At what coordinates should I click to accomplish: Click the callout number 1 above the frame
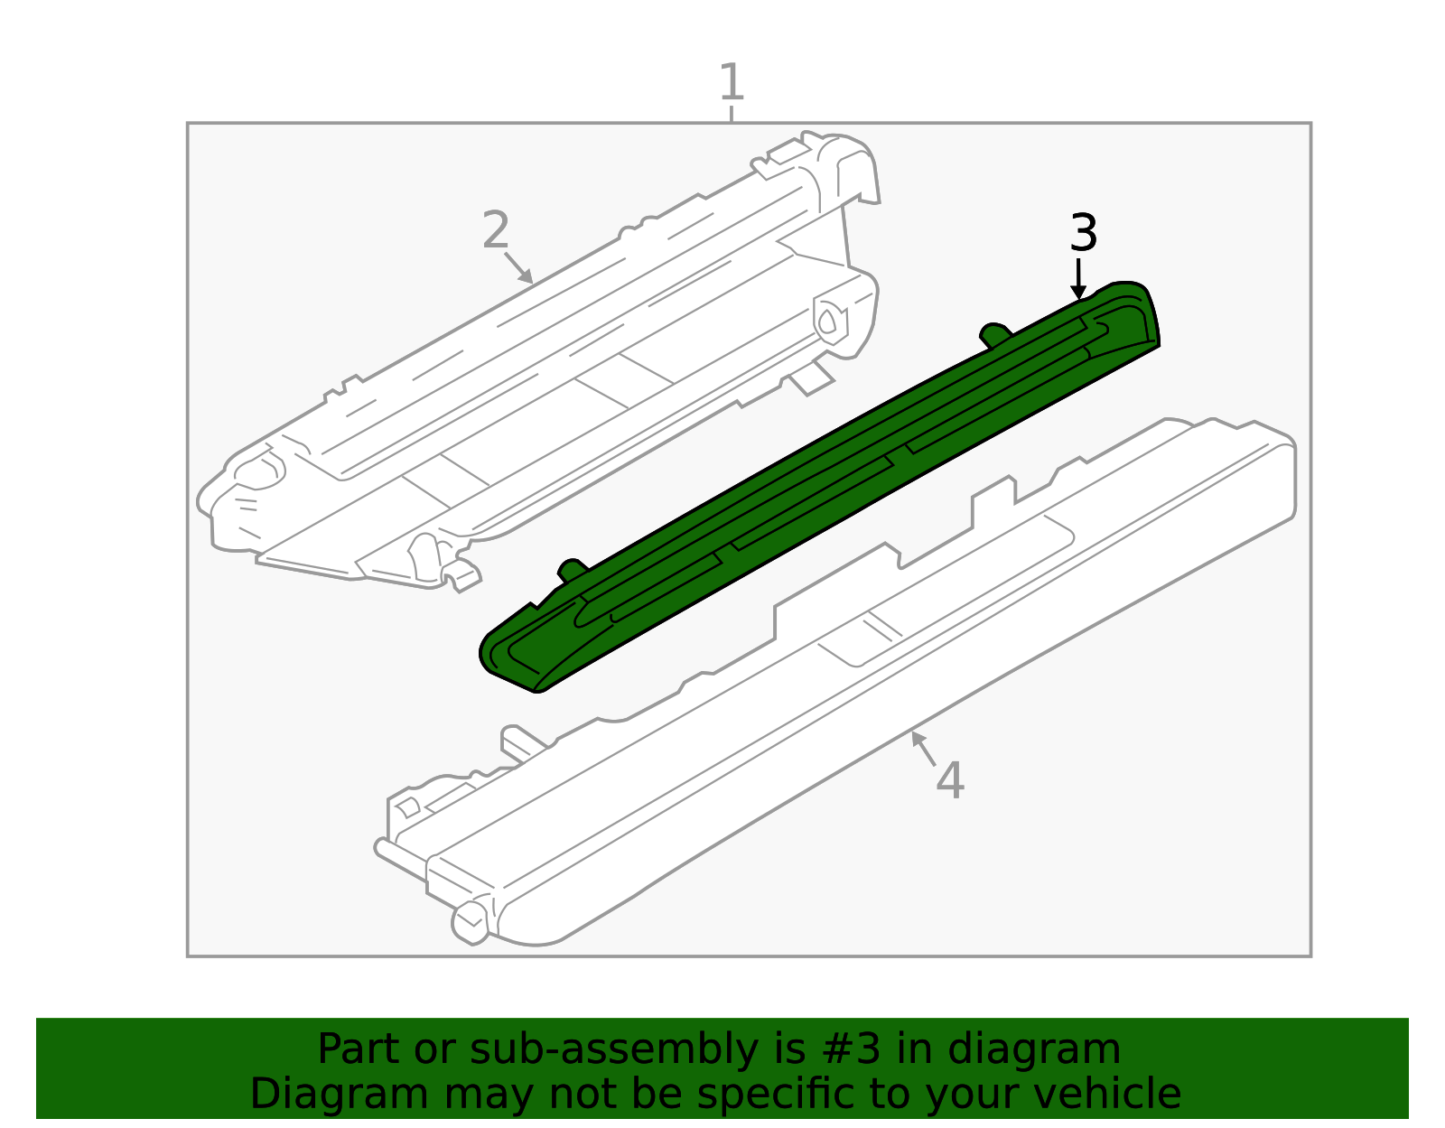[732, 83]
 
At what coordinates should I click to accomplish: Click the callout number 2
[496, 231]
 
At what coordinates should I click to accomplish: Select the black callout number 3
[1083, 234]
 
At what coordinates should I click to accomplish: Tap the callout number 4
[949, 780]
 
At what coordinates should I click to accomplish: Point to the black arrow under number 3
[1077, 279]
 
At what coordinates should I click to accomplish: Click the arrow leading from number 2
[518, 268]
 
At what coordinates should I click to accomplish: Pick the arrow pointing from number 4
[922, 748]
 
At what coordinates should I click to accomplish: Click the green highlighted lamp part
[813, 488]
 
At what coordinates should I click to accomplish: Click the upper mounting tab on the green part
[994, 333]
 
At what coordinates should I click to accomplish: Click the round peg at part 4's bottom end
[471, 920]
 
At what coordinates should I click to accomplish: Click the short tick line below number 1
[732, 114]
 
